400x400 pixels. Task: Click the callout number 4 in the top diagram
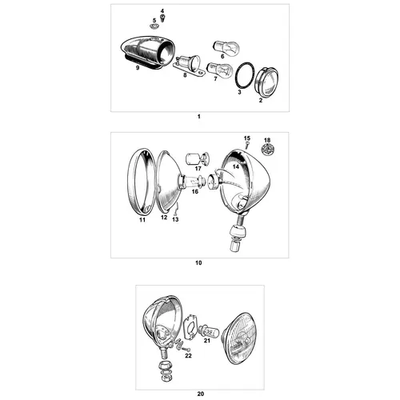[162, 11]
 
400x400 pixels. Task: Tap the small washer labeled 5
[154, 26]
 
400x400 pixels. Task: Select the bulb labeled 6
[226, 47]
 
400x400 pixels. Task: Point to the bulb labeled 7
[220, 70]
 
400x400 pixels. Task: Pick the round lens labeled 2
[266, 82]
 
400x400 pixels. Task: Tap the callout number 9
[138, 68]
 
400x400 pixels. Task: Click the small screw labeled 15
[247, 146]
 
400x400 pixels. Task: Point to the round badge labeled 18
[267, 150]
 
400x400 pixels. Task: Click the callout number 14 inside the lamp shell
[236, 166]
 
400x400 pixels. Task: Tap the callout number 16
[195, 191]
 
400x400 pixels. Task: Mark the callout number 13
[175, 219]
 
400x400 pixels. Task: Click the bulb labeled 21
[209, 330]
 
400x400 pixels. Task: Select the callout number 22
[188, 355]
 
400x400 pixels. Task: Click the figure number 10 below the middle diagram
[198, 263]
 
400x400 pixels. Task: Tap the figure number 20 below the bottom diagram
[201, 394]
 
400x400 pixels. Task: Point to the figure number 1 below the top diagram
[198, 117]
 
